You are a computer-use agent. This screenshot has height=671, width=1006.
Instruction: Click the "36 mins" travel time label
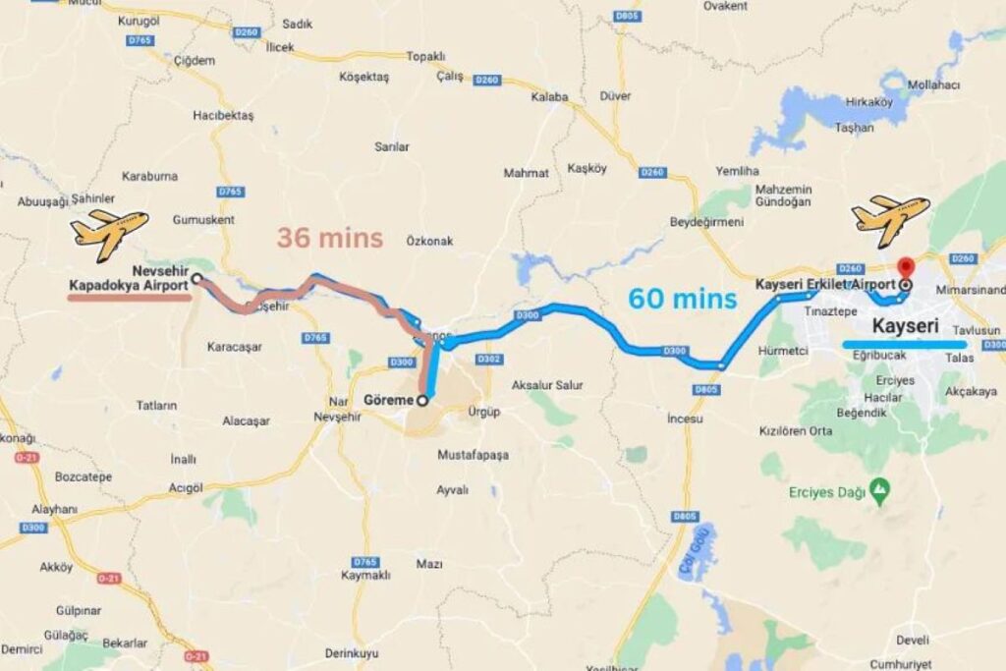click(329, 239)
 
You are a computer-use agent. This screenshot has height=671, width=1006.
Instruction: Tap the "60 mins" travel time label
click(683, 299)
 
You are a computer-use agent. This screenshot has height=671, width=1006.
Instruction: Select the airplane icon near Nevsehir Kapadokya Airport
click(109, 232)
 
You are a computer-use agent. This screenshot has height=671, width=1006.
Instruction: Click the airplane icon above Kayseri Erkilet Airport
click(890, 218)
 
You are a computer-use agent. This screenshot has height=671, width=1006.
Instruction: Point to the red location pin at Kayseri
click(905, 268)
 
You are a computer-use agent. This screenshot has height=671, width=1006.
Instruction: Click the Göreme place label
click(387, 401)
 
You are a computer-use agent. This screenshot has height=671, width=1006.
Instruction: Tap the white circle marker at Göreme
click(422, 400)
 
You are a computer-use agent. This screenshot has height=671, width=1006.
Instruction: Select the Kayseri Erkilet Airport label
click(825, 284)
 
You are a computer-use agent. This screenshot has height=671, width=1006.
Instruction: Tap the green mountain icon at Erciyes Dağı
click(881, 487)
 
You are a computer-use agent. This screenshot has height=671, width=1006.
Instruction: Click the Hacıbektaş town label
click(223, 115)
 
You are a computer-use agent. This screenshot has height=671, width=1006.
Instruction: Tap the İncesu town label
click(685, 419)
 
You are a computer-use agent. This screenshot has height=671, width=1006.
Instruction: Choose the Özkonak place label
click(430, 240)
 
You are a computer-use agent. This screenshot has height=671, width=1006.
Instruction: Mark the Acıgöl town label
click(186, 487)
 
